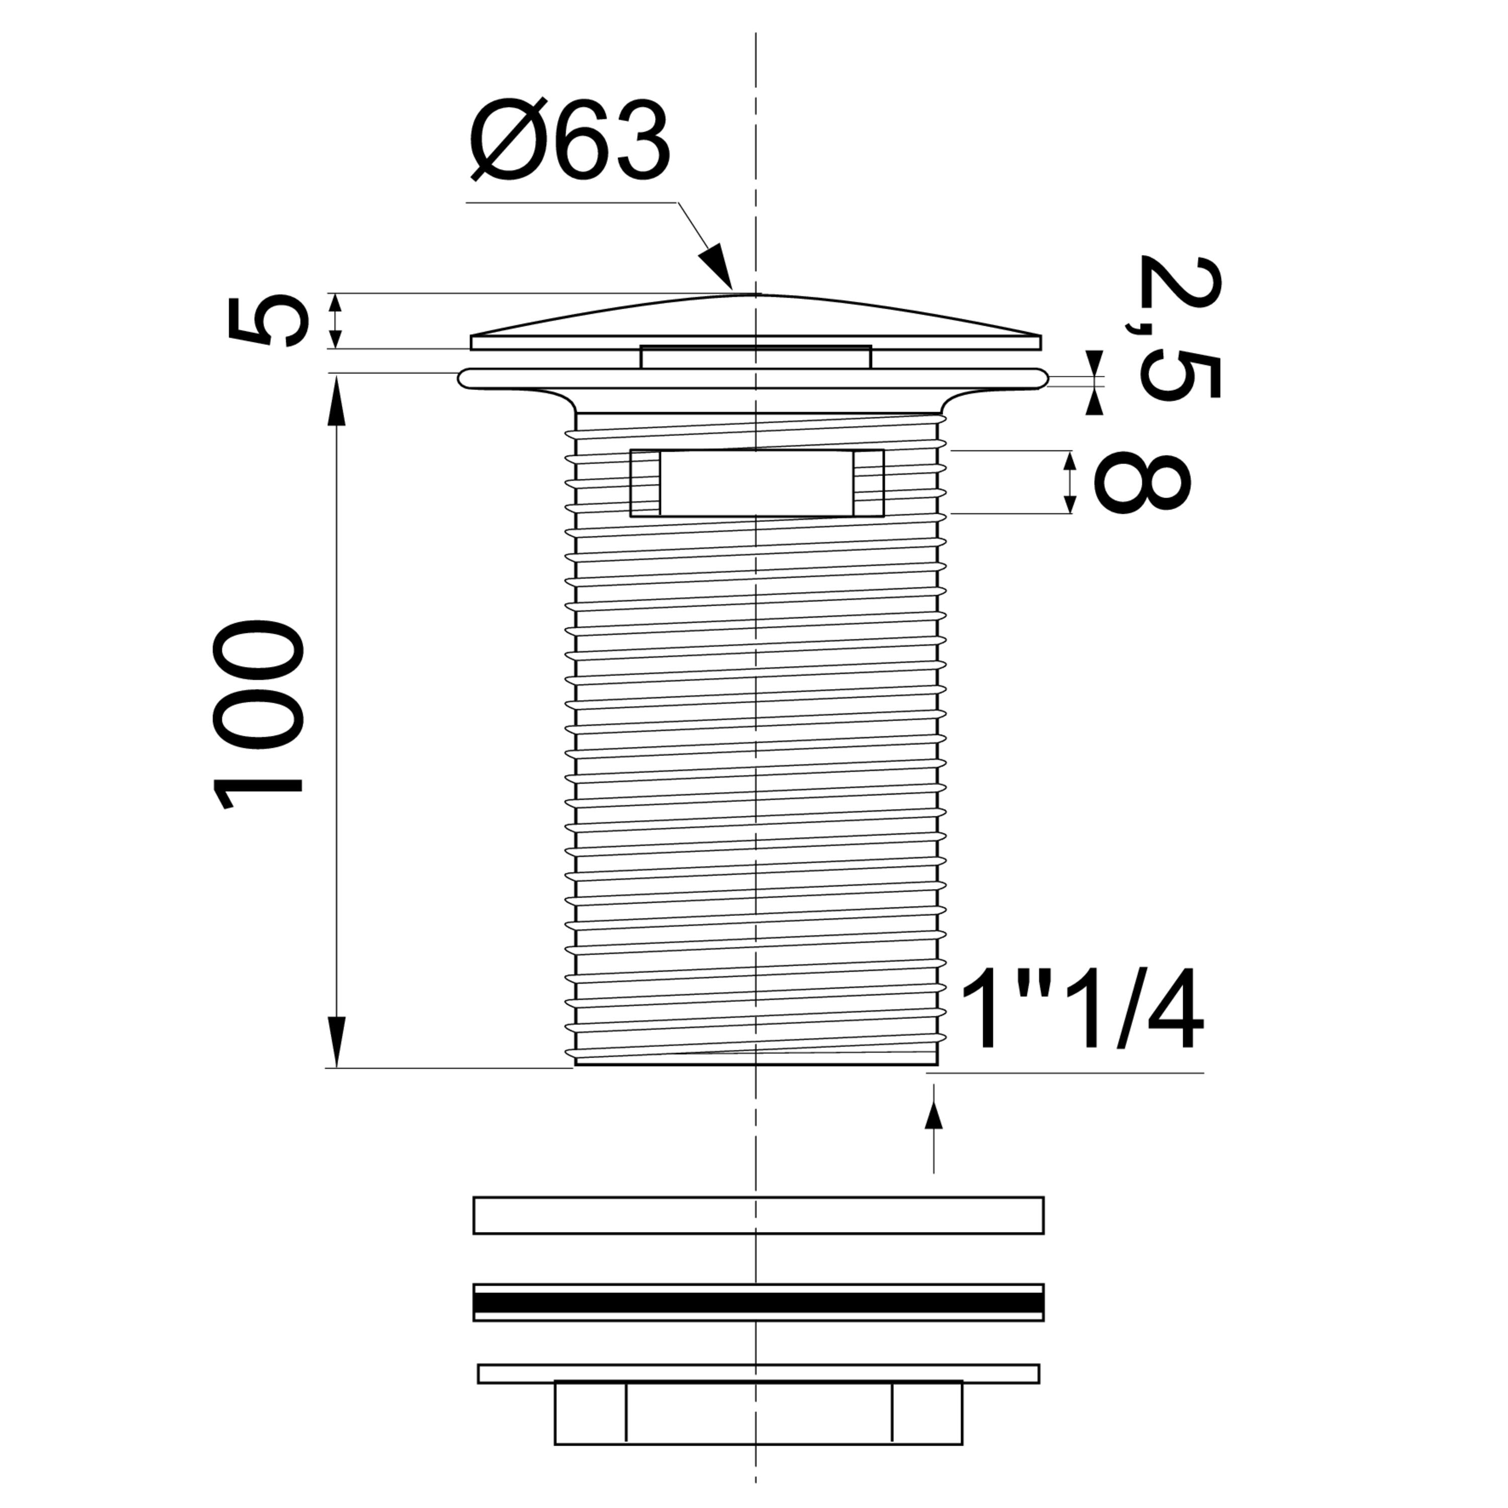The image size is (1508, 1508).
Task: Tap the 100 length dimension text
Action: click(257, 715)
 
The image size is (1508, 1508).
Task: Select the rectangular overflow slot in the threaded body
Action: click(757, 483)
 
